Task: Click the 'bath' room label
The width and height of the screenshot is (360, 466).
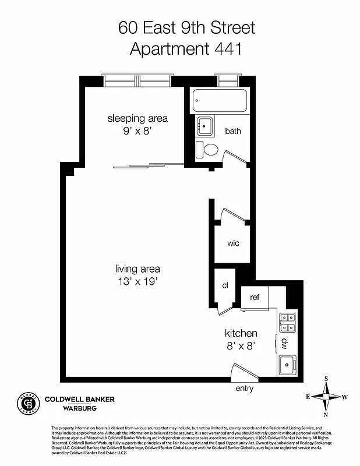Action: (x=233, y=131)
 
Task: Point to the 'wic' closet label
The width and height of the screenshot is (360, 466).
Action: (x=233, y=243)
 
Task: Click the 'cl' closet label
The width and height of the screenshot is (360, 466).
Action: (x=224, y=285)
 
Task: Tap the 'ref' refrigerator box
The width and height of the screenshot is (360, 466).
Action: (x=255, y=297)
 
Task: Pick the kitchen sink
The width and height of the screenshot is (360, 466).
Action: (x=288, y=365)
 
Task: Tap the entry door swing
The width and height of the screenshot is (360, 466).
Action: (x=242, y=373)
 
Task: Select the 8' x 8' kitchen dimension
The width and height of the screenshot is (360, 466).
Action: (x=241, y=347)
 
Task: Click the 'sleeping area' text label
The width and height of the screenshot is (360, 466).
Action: (x=137, y=118)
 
